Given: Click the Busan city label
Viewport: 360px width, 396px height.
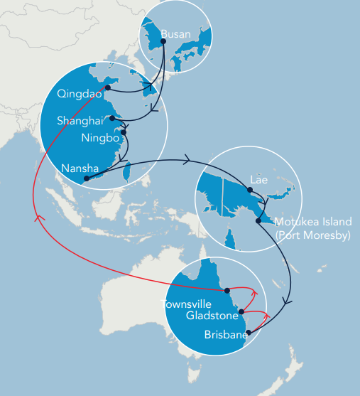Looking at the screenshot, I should point(175,33).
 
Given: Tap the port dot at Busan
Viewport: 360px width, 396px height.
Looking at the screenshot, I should point(163,41).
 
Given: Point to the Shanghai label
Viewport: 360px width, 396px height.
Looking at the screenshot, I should point(80,121).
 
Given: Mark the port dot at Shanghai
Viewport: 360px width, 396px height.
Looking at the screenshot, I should point(111,119).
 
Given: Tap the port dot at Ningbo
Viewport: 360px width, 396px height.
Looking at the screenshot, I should point(124,132).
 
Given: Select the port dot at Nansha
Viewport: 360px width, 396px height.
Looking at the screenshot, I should point(86,178).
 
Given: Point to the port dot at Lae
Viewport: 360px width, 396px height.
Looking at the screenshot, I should point(249,189).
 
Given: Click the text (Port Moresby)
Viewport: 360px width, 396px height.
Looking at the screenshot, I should point(312,235).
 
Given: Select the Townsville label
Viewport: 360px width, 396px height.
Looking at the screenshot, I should point(187,304).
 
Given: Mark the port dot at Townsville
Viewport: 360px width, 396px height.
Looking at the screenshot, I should point(227,290).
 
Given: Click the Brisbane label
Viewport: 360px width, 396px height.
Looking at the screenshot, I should point(224,334).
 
